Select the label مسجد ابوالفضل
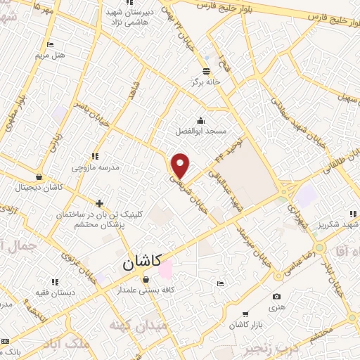pyautogui.click(x=201, y=131)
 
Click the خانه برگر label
pyautogui.click(x=205, y=82)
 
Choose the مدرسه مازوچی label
pyautogui.click(x=95, y=167)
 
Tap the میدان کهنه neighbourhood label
pyautogui.click(x=138, y=326)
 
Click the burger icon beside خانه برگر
pyautogui.click(x=205, y=71)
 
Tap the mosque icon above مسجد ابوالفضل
pyautogui.click(x=201, y=120)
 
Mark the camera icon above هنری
pyautogui.click(x=276, y=297)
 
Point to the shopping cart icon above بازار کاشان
pyautogui.click(x=245, y=314)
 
